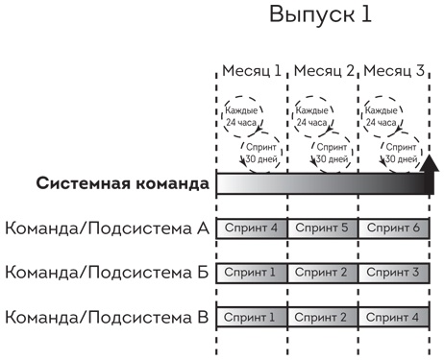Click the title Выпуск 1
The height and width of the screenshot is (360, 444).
pos(319,16)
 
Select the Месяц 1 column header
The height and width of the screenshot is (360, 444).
pos(252,71)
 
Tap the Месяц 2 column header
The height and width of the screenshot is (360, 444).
pos(323,71)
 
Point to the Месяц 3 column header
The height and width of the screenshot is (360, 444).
pos(394,71)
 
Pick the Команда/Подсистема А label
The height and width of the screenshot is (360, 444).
pos(107,228)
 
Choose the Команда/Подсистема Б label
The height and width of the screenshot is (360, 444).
pos(107,272)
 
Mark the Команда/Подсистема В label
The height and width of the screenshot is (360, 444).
pos(107,315)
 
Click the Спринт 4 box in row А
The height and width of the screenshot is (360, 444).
pos(252,228)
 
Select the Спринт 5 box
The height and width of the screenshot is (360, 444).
pos(323,228)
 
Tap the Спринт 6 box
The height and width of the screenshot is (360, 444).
pos(394,228)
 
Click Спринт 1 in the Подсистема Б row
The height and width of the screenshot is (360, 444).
pos(252,272)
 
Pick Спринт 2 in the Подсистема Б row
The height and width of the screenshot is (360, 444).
pos(323,272)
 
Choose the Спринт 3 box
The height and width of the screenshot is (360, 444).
pos(394,272)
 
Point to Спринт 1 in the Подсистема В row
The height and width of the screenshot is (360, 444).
pos(252,315)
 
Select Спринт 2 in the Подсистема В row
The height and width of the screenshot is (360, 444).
pos(323,315)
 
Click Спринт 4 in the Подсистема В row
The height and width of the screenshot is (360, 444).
pos(394,315)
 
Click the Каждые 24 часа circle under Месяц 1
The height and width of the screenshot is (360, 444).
pos(243,116)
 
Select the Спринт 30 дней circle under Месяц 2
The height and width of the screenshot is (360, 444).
pos(333,154)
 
